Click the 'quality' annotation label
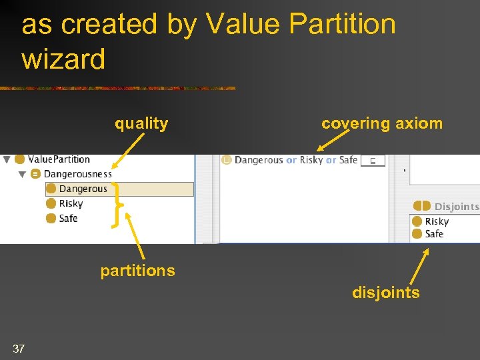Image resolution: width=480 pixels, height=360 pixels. click(x=141, y=123)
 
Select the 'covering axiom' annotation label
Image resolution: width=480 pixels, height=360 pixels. click(x=381, y=123)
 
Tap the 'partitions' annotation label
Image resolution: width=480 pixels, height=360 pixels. click(x=137, y=271)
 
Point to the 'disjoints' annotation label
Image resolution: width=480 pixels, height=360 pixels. click(x=385, y=293)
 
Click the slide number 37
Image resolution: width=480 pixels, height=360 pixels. click(x=19, y=348)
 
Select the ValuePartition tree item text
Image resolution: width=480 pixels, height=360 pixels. click(x=59, y=159)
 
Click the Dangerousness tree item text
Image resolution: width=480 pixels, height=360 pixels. click(x=77, y=174)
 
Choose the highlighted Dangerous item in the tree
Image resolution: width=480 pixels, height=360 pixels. click(x=83, y=189)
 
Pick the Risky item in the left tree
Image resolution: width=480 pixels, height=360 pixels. click(x=71, y=203)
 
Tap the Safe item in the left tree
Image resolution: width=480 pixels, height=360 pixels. click(x=68, y=218)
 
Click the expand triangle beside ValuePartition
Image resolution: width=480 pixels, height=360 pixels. click(x=7, y=159)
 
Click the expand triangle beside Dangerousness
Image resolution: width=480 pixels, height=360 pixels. click(x=22, y=174)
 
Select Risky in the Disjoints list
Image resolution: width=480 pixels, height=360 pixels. click(x=437, y=221)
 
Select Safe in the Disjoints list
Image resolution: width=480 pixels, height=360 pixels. click(x=434, y=234)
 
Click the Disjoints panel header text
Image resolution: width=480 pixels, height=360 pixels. click(x=456, y=207)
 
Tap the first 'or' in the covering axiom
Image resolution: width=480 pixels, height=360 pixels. click(x=291, y=160)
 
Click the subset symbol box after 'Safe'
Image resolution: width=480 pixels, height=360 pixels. click(x=373, y=160)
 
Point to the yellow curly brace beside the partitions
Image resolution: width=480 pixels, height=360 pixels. click(x=119, y=204)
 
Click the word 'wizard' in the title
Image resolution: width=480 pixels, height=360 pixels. click(x=63, y=59)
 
